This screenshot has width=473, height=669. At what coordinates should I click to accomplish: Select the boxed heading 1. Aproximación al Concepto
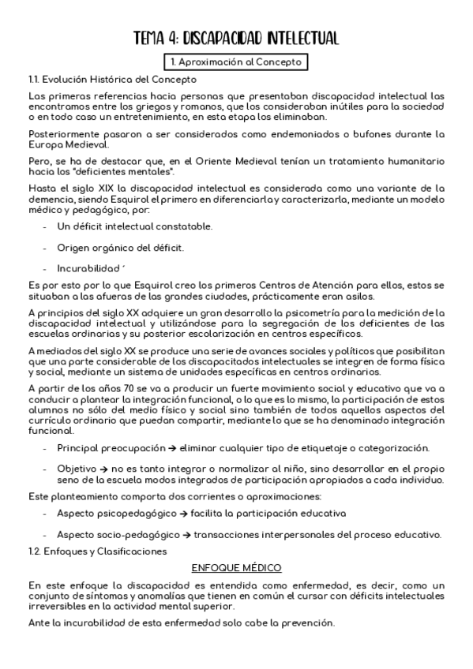pyautogui.click(x=236, y=62)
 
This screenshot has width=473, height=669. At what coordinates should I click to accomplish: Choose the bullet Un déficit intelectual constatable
pyautogui.click(x=134, y=226)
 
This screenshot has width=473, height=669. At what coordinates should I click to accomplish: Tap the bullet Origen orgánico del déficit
pyautogui.click(x=120, y=248)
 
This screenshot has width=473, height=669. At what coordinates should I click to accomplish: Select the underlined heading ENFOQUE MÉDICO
pyautogui.click(x=236, y=568)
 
